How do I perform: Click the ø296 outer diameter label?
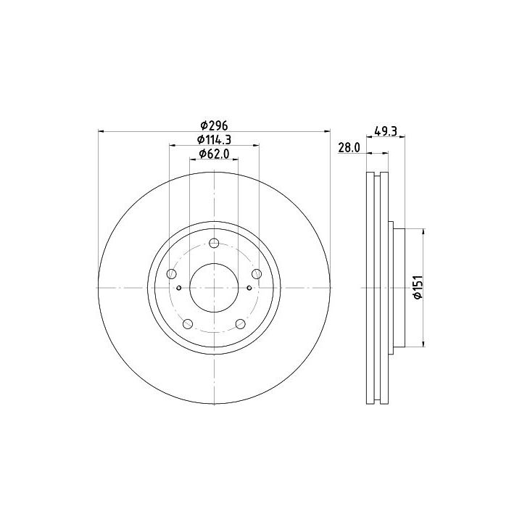[x=214, y=125]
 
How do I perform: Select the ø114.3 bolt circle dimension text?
[x=214, y=139]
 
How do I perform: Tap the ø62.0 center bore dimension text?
[x=214, y=154]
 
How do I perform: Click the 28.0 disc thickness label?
[x=349, y=147]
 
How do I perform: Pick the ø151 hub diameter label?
[x=418, y=287]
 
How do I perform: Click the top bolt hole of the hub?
[x=214, y=243]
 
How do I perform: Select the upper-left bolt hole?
[x=171, y=274]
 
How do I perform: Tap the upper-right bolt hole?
[x=257, y=274]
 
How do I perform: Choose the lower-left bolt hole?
[x=188, y=323]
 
